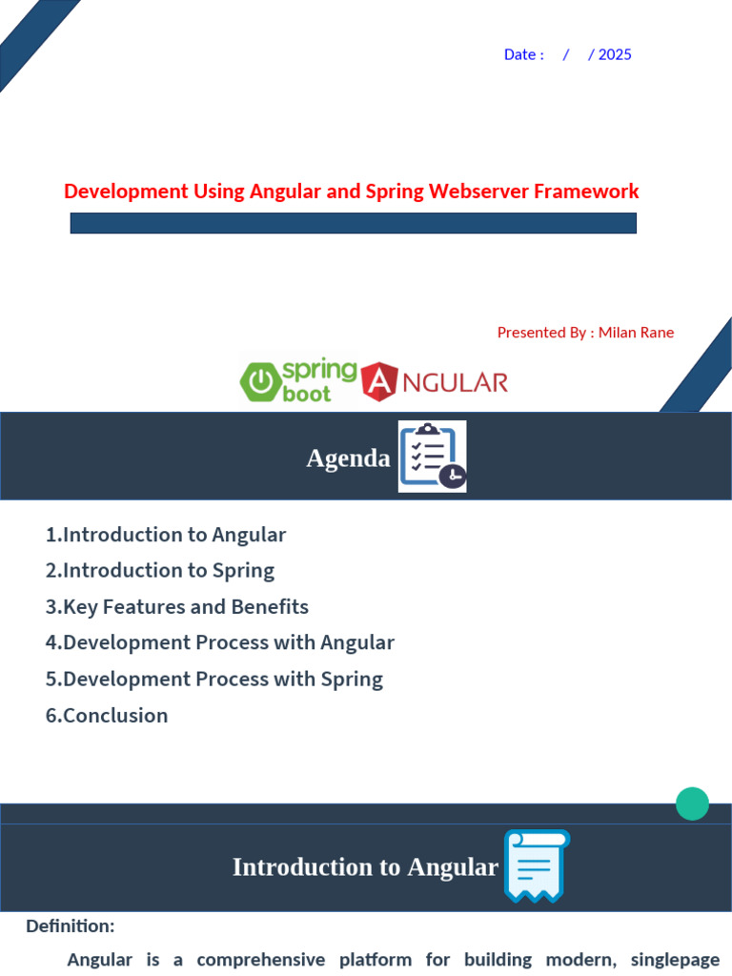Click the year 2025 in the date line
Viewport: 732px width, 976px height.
[x=615, y=54]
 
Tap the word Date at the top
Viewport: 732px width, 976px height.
[x=519, y=54]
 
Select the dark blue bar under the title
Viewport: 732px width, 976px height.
[x=353, y=223]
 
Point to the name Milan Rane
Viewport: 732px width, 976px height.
[x=636, y=333]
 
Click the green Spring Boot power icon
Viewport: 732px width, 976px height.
[x=260, y=381]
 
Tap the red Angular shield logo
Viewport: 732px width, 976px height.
[x=379, y=381]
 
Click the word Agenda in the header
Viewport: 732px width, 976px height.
[x=348, y=458]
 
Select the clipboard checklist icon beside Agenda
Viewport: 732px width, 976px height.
[x=433, y=457]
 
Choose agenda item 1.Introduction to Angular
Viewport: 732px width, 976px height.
[x=166, y=535]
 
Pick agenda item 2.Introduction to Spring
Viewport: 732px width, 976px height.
[x=160, y=571]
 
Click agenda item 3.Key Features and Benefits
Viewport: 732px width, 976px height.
[x=176, y=607]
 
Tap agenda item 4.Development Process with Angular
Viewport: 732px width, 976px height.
[x=220, y=642]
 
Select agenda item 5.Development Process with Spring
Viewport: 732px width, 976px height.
[x=214, y=679]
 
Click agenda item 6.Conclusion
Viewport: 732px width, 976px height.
[x=107, y=715]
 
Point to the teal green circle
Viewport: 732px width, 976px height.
[x=692, y=803]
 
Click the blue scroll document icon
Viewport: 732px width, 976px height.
[x=537, y=865]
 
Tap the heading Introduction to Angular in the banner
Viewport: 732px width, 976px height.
[x=365, y=867]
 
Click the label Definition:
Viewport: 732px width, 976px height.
[x=71, y=926]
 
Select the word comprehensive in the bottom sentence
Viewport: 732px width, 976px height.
[x=261, y=960]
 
